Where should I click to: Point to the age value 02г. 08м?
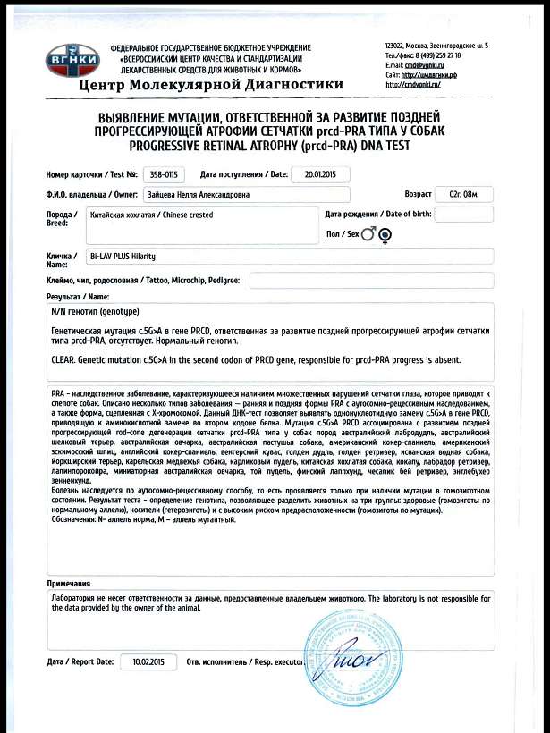click(463, 194)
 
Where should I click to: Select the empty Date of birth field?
click(463, 214)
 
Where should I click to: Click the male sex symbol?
click(368, 235)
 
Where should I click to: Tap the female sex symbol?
click(385, 236)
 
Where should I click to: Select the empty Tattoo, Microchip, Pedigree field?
click(371, 280)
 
